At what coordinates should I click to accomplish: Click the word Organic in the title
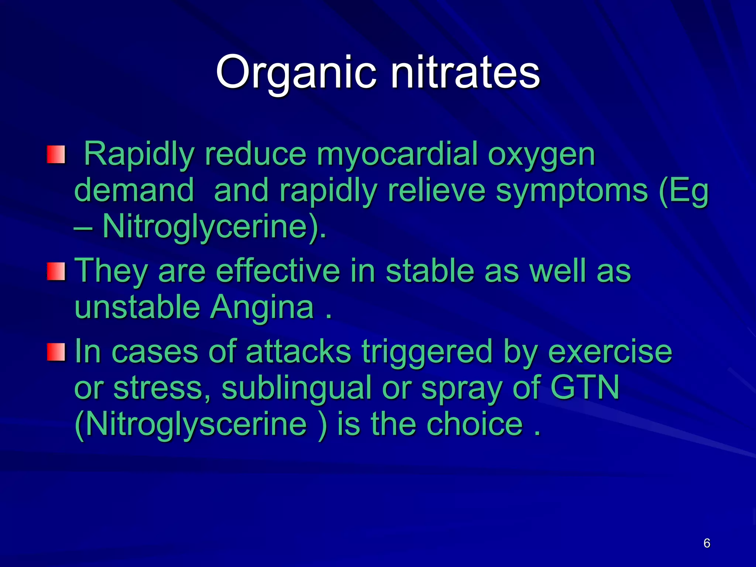pyautogui.click(x=296, y=72)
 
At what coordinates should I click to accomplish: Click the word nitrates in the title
pyautogui.click(x=465, y=72)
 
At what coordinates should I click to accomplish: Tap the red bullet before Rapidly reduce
pyautogui.click(x=56, y=155)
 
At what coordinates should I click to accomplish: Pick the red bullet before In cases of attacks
pyautogui.click(x=56, y=352)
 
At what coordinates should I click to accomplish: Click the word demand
pyautogui.click(x=134, y=190)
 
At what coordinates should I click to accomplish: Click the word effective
pyautogui.click(x=278, y=271)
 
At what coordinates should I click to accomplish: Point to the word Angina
pyautogui.click(x=262, y=307)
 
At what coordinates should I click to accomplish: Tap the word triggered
pyautogui.click(x=427, y=352)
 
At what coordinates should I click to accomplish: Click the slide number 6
pyautogui.click(x=707, y=543)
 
